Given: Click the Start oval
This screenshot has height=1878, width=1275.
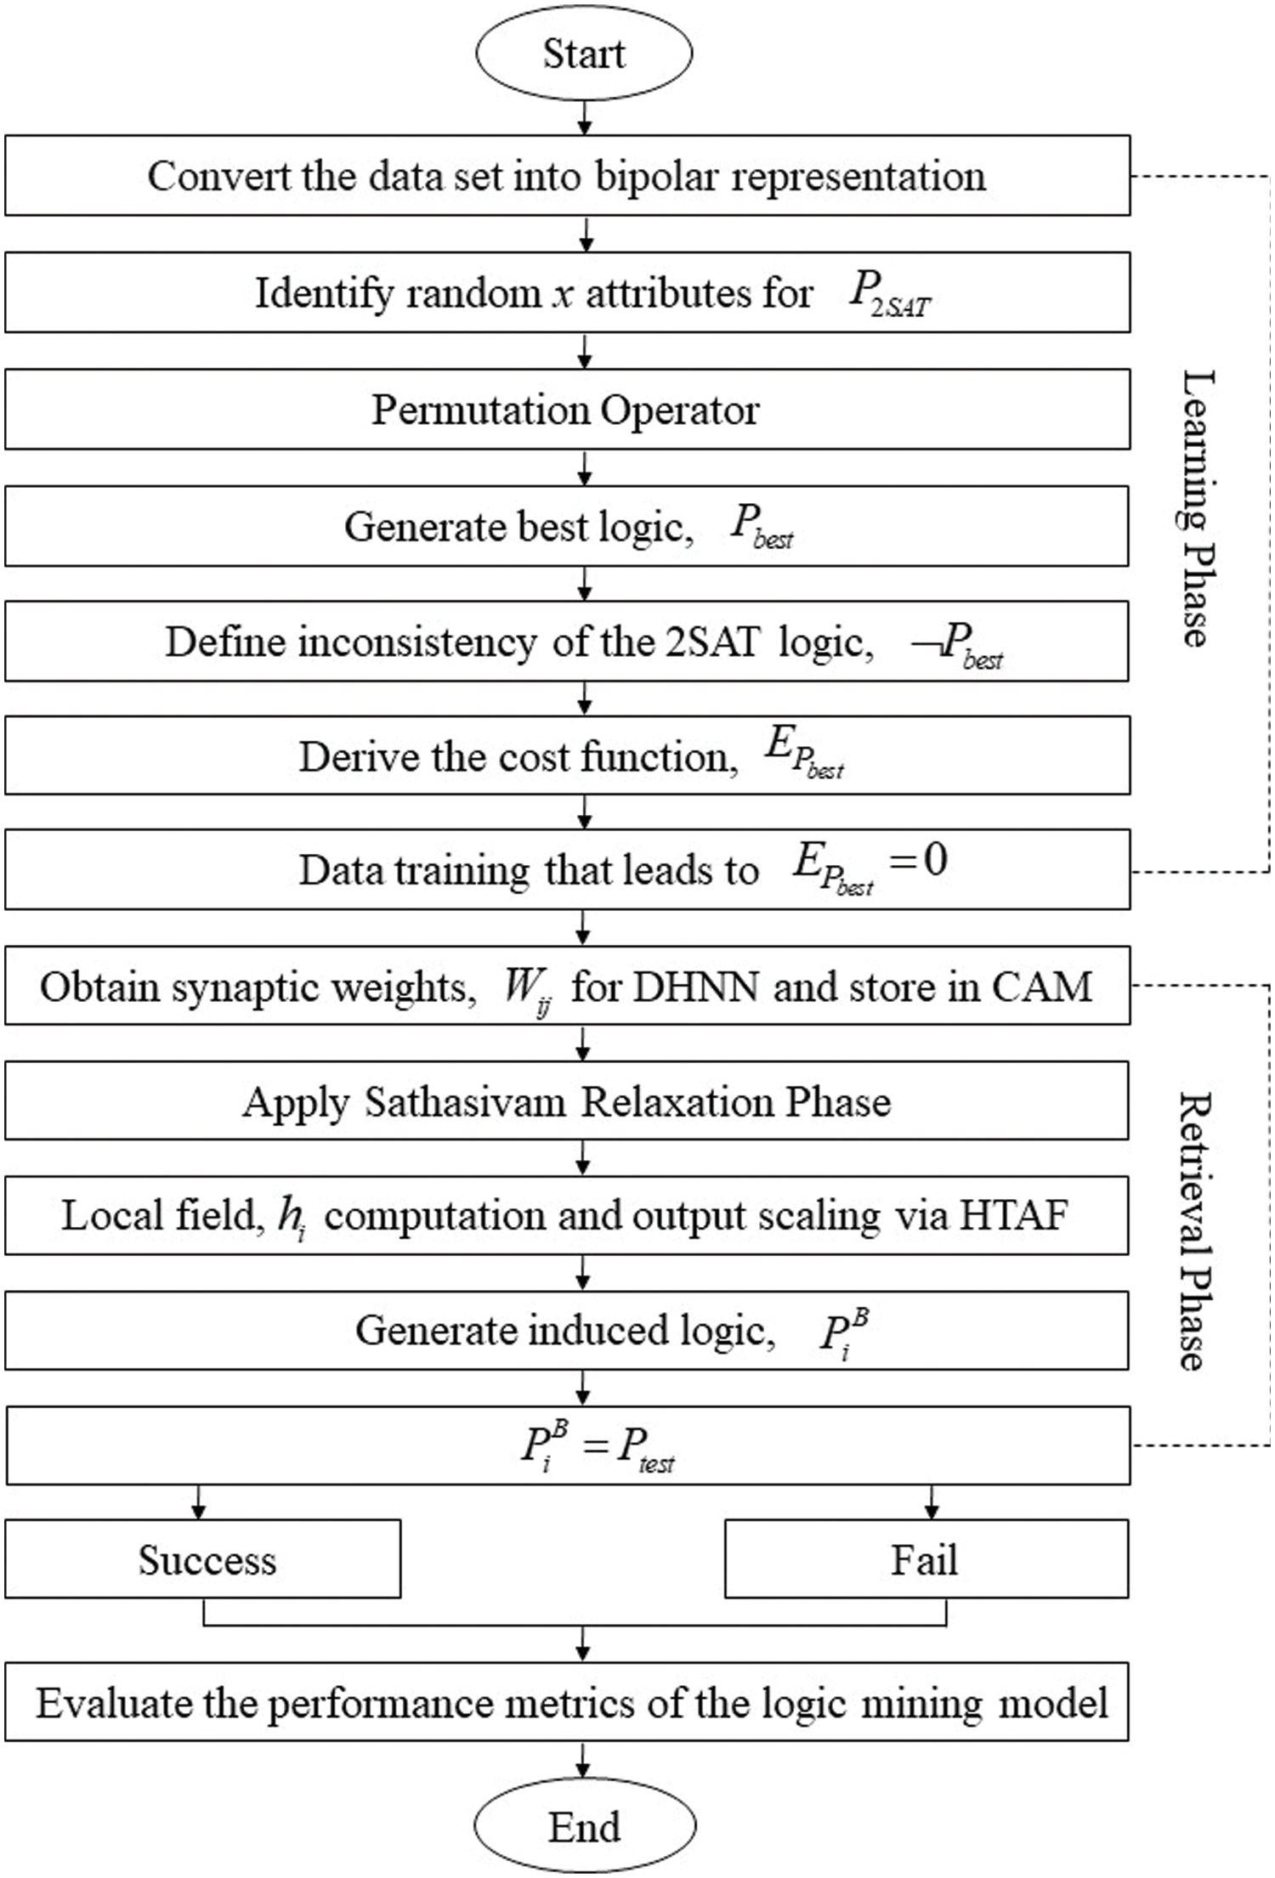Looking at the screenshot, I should click(584, 54).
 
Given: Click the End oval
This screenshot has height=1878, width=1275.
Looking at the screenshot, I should click(584, 1827).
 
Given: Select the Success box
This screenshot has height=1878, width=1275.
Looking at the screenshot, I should click(203, 1559).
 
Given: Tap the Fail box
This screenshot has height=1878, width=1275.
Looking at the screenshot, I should click(926, 1559).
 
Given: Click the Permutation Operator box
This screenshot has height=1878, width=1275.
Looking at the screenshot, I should click(567, 410).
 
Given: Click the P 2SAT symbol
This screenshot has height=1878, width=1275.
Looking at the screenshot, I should click(889, 296).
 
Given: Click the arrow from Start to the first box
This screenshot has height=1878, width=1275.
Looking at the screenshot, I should click(584, 117).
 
